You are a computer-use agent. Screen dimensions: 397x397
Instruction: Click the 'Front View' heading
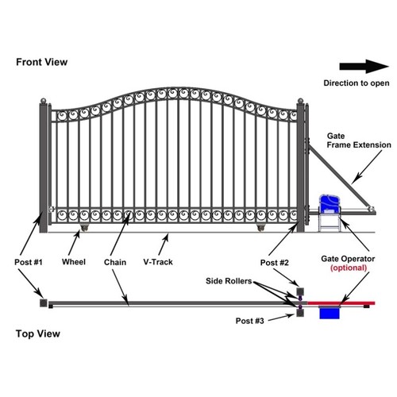point(40,61)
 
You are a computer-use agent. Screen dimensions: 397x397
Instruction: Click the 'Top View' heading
point(36,333)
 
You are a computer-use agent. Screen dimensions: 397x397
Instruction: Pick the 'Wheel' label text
point(74,260)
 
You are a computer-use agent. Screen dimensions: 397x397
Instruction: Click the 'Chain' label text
point(116,260)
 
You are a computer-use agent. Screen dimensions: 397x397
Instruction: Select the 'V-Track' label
point(164,260)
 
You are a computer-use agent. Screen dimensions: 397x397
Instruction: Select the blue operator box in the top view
point(328,313)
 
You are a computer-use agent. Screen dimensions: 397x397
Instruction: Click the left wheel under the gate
point(81,230)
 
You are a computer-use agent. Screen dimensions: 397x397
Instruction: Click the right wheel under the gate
point(260,230)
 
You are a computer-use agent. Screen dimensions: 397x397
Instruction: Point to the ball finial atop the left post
point(44,100)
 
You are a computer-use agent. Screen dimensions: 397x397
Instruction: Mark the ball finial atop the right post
point(301,100)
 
